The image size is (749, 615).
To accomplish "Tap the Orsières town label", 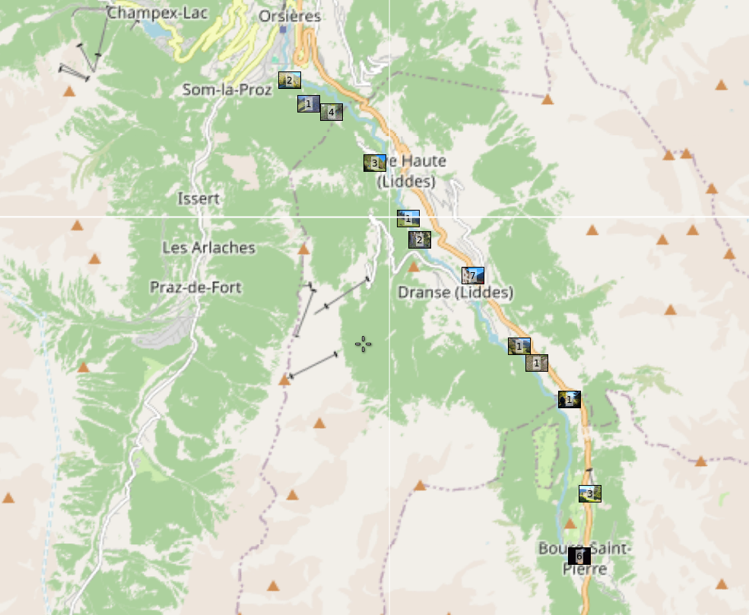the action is [290, 16].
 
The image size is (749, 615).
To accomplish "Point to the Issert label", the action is [198, 199].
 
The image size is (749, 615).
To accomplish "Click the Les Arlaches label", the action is [208, 248].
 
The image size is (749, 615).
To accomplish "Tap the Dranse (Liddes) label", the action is [455, 293].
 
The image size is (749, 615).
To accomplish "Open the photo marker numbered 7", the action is [472, 275].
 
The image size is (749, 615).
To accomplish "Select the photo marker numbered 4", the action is [331, 113].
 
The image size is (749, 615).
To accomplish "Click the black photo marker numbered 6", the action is [579, 556].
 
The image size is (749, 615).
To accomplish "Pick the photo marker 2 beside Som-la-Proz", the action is [289, 80].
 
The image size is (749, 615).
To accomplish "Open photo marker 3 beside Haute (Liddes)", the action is [374, 163].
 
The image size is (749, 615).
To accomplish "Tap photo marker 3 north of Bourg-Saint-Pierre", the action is [589, 494].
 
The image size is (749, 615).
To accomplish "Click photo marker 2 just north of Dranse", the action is [419, 240].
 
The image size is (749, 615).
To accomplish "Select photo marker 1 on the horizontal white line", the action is [408, 219].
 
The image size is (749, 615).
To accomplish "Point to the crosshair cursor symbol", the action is [363, 344].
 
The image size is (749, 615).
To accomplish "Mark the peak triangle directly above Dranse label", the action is [414, 267].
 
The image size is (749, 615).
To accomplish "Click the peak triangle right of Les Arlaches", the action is [303, 249].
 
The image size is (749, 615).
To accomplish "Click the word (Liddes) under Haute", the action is [406, 182].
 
